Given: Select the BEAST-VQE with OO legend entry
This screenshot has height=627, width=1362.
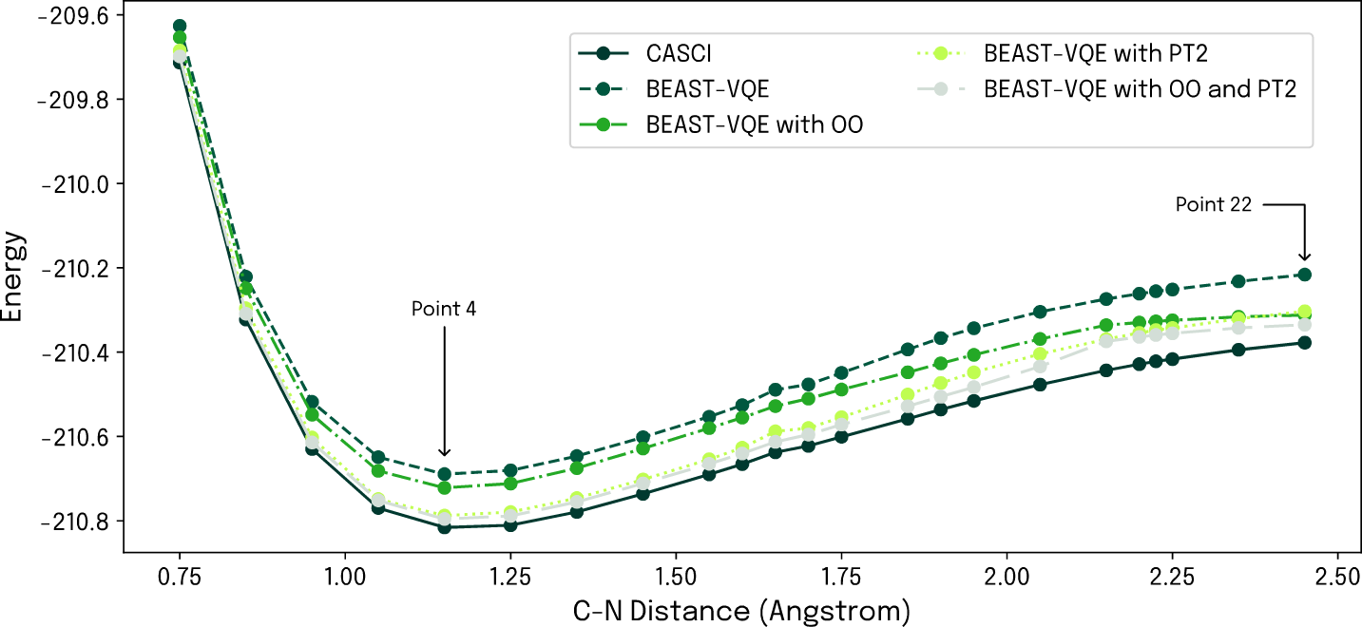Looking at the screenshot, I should click(754, 123).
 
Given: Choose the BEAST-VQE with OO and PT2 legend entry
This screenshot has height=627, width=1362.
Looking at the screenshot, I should click(1140, 89).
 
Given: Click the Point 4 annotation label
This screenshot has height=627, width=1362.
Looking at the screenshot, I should click(444, 309).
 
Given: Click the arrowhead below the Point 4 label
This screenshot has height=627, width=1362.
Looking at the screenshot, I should click(444, 452).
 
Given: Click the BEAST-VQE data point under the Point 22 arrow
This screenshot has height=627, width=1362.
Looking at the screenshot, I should click(1305, 275).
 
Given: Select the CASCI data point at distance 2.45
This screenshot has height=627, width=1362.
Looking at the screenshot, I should click(1305, 342).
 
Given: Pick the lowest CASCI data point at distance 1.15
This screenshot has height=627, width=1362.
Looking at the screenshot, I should click(444, 527).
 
